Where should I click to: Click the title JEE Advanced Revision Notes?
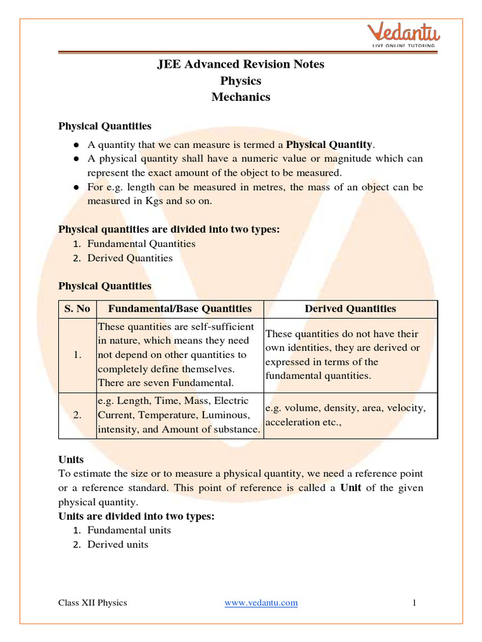pos(240,65)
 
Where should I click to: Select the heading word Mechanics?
pos(240,97)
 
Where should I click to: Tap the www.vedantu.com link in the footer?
pos(261,603)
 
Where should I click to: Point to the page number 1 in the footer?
pos(415,603)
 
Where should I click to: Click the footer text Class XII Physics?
pos(92,603)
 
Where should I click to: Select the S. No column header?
pos(77,308)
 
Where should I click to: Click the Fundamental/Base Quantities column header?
pos(179,308)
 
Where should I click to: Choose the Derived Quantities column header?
pos(350,308)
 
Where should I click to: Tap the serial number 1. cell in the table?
pos(77,355)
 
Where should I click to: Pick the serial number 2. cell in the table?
pos(77,415)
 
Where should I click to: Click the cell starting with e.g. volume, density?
pos(345,415)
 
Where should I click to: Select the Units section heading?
pos(71,460)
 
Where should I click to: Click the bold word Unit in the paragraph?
pos(350,488)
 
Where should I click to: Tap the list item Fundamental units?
pos(129,530)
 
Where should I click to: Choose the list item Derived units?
pos(118,545)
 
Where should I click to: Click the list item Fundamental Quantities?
pos(141,244)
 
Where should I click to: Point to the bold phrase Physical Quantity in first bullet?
pos(329,144)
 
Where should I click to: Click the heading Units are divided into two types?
pos(136,516)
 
